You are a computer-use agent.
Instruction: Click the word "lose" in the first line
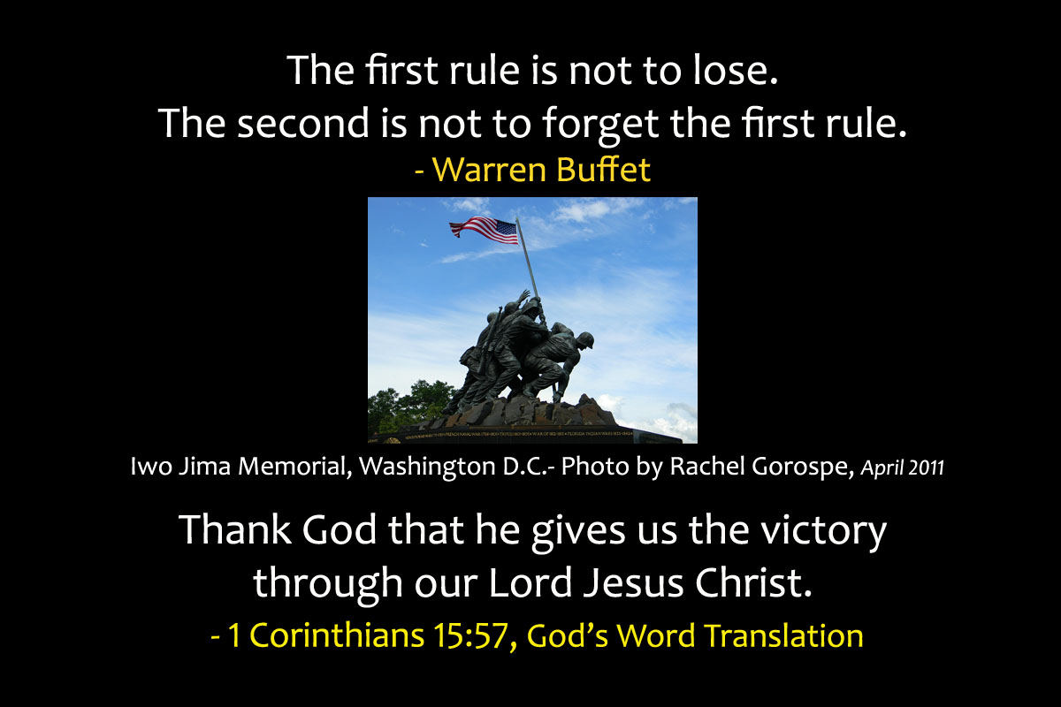(x=734, y=70)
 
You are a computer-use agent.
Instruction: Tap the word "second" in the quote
(x=302, y=122)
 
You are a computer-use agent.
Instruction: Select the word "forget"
(x=600, y=124)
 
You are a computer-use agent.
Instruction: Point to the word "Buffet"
(x=604, y=169)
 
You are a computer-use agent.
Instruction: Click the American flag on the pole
(x=485, y=230)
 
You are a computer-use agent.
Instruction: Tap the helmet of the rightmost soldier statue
(x=585, y=339)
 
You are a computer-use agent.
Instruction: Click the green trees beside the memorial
(x=408, y=405)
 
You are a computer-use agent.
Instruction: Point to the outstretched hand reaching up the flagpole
(x=523, y=295)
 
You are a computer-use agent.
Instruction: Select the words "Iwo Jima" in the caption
(x=180, y=466)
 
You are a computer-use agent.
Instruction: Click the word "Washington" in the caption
(x=427, y=468)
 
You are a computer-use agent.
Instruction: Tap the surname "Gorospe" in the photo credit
(x=803, y=468)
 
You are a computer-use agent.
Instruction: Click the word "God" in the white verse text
(x=340, y=529)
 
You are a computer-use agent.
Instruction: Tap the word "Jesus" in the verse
(x=633, y=582)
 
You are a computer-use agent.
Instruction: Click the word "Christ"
(x=753, y=582)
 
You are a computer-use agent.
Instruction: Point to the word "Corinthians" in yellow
(x=336, y=635)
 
